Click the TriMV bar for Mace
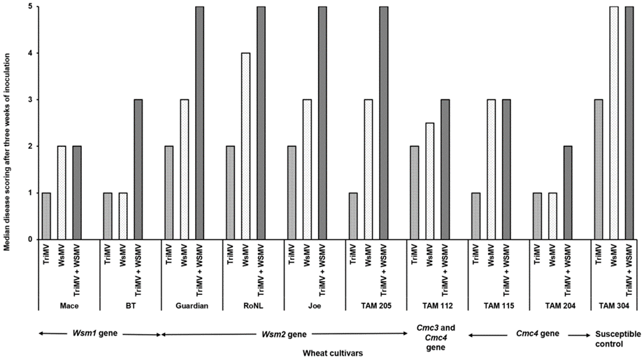46,216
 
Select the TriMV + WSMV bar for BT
138,169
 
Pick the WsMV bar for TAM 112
430,181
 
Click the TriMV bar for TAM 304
599,169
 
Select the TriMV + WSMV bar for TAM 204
567,193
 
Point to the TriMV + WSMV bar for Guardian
199,123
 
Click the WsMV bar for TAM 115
492,169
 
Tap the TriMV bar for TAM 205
353,216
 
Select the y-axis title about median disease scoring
8,123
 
